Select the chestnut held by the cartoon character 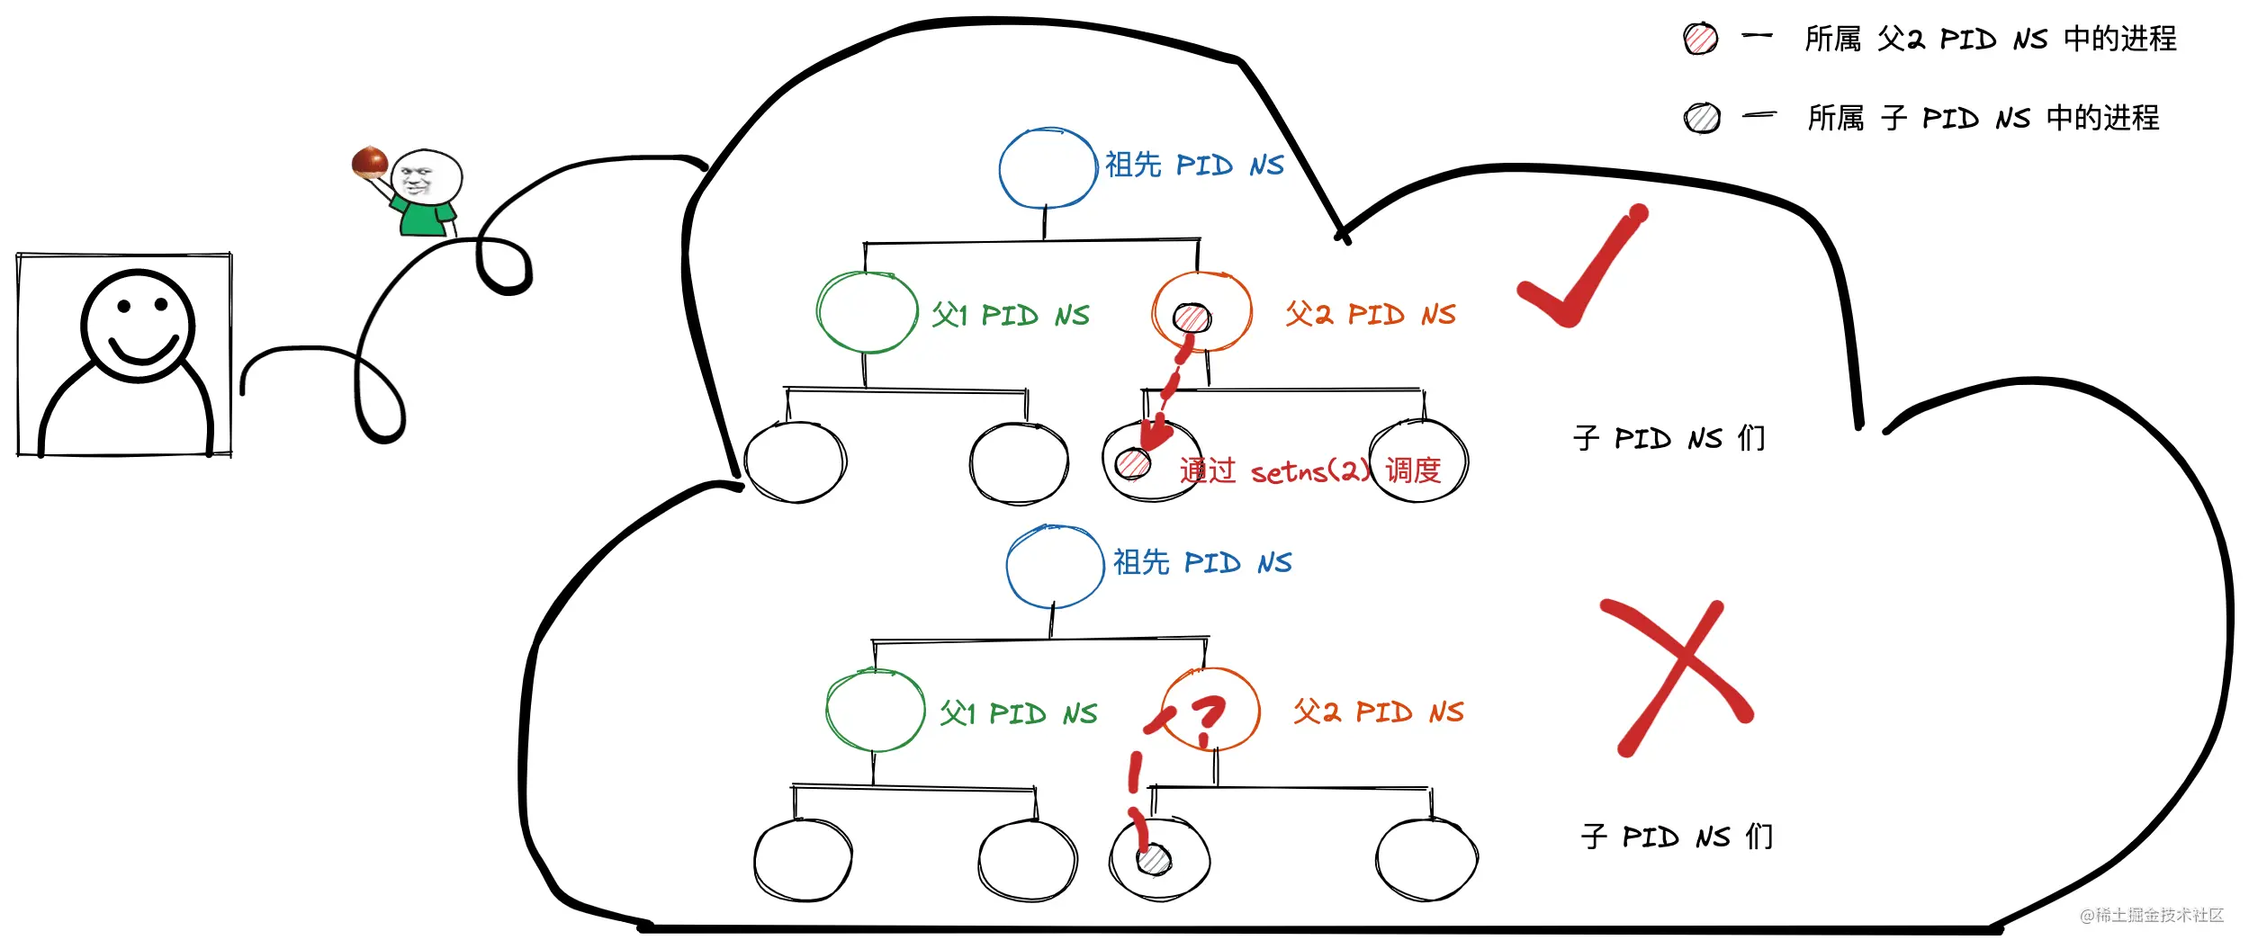coord(370,162)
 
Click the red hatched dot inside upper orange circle coord(1192,318)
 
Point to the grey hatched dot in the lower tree coord(1154,859)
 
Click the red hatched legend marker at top coord(1701,39)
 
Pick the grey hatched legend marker coord(1702,118)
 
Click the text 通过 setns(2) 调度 coord(1310,470)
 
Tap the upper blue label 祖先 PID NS coord(1194,165)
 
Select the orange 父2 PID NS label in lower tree coord(1379,712)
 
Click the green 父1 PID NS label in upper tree coord(1010,315)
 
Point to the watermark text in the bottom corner coord(2152,915)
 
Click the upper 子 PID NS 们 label coord(1669,438)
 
